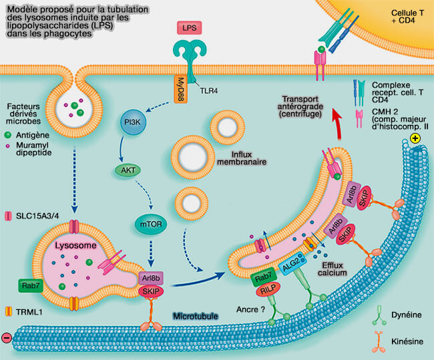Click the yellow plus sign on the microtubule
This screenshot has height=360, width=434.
pyautogui.click(x=416, y=139)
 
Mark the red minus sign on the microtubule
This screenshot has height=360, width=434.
pyautogui.click(x=7, y=338)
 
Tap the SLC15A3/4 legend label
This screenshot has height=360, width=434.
pyautogui.click(x=39, y=216)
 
